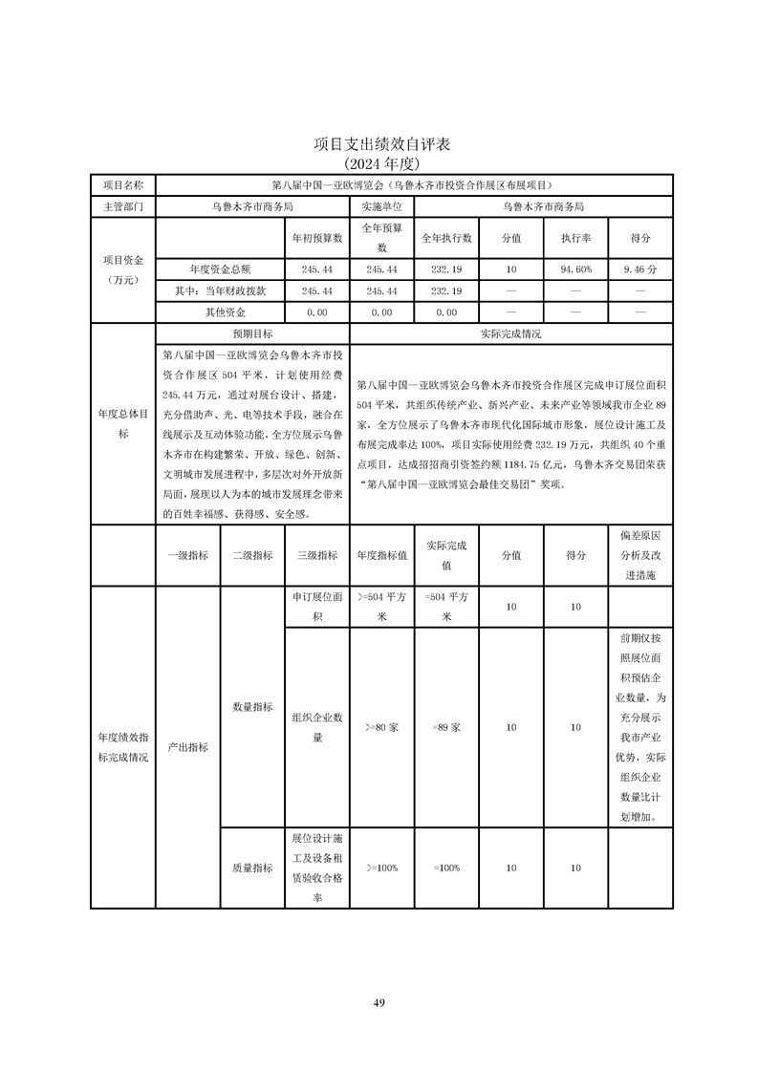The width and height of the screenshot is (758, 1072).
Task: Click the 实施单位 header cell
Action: pos(382,205)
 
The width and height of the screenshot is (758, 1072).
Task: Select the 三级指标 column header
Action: pos(316,554)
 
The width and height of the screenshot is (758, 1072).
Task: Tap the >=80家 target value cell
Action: pos(382,727)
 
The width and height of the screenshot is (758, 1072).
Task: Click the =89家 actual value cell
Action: pos(446,727)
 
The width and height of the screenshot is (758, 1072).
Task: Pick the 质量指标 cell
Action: pos(252,868)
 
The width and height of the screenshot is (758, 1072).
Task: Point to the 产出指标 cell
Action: pos(187,747)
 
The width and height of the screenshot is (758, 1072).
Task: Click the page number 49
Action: pos(379,1002)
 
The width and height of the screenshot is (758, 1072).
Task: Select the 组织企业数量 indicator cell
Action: pos(316,727)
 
